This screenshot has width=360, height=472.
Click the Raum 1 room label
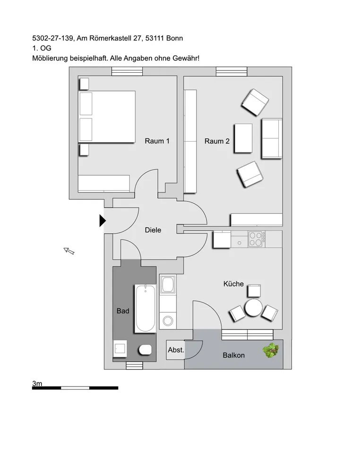[x=157, y=141]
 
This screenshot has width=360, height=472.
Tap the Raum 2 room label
[x=217, y=141]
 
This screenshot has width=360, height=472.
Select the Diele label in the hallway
[x=153, y=230]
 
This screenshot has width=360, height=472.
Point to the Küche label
[x=233, y=284]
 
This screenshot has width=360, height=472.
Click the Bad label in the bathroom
[x=123, y=311]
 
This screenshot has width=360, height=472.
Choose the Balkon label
[x=234, y=355]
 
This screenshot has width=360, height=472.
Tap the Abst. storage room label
[x=176, y=350]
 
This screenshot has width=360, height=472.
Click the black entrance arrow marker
[x=103, y=220]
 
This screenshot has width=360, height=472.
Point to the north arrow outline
[x=69, y=251]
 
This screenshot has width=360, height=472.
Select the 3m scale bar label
[x=37, y=383]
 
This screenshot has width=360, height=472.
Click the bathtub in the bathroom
[x=145, y=308]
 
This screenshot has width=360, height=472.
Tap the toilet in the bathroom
[x=145, y=350]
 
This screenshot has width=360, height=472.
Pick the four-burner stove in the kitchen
[x=257, y=239]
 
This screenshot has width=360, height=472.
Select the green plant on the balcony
[x=271, y=351]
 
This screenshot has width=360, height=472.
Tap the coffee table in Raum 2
[x=243, y=138]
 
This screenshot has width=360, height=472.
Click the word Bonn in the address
[x=174, y=38]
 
